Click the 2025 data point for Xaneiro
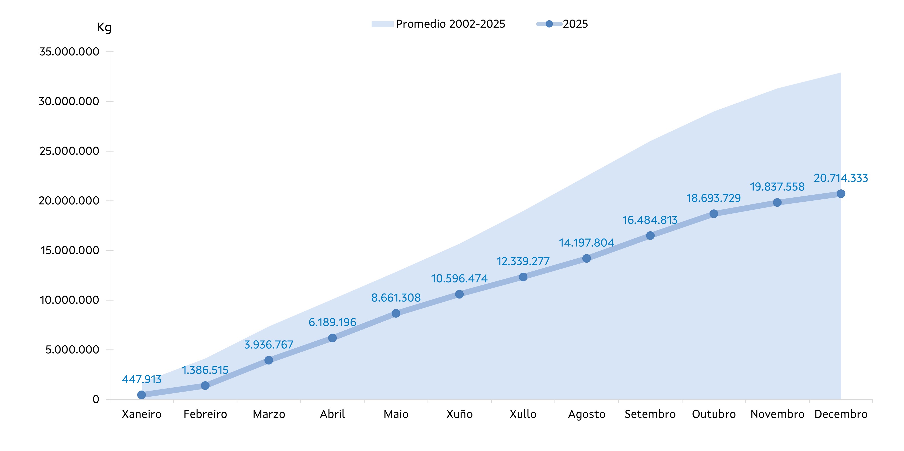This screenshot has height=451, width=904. pos(142,395)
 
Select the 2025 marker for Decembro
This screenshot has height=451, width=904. pos(841,194)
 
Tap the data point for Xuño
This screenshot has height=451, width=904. pos(459,294)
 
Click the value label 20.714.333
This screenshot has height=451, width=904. pos(841,178)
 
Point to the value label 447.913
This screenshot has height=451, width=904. pos(142,380)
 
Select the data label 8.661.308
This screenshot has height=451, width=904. pos(396,298)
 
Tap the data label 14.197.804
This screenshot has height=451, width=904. pos(586,243)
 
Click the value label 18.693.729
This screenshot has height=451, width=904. pos(714,198)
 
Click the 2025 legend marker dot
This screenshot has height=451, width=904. pos(549,24)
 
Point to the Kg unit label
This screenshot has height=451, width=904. pos(104,27)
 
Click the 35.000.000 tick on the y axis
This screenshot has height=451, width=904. pos(69,52)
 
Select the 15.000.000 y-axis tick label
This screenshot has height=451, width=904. pos(69,251)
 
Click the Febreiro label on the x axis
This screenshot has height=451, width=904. pos(205,414)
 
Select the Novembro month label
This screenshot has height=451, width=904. pos(777,414)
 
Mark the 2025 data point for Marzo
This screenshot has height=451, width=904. pos(269,360)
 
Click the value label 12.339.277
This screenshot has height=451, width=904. pos(523,261)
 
